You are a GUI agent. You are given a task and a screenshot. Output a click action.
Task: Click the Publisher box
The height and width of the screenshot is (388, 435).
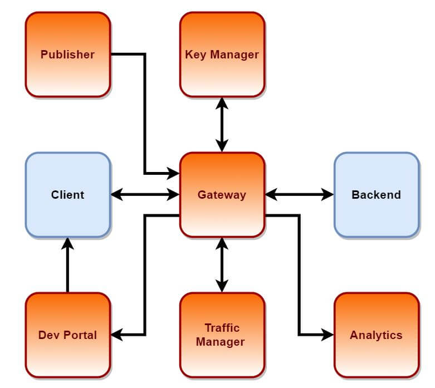[x=67, y=55]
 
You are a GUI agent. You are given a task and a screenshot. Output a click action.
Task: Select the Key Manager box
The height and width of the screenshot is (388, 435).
[x=222, y=55]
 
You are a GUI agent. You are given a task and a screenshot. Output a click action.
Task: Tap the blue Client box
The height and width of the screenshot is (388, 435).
[x=67, y=195]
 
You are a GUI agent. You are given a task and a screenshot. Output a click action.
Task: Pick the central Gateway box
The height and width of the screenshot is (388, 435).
[x=222, y=195]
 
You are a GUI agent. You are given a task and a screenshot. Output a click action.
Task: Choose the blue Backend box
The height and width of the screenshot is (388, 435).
[x=376, y=195]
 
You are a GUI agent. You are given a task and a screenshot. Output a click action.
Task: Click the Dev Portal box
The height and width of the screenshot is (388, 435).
[x=67, y=335]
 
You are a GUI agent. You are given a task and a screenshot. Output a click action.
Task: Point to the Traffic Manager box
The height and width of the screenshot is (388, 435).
[x=222, y=335]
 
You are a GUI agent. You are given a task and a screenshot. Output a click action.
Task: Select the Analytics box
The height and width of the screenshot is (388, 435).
[x=376, y=335]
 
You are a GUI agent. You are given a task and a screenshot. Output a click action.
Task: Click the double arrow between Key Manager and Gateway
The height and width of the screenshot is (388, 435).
[x=222, y=125]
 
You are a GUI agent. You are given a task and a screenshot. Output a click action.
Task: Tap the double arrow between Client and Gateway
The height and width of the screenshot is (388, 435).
[x=145, y=195]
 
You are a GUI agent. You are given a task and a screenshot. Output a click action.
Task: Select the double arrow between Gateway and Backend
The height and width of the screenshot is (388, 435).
[x=299, y=195]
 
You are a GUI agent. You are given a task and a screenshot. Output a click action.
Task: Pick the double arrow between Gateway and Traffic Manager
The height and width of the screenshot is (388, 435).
[x=222, y=265]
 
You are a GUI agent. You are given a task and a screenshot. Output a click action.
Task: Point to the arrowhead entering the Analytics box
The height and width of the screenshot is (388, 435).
[x=328, y=335]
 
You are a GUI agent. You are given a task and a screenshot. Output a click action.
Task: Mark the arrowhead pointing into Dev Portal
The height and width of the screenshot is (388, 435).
[x=116, y=335]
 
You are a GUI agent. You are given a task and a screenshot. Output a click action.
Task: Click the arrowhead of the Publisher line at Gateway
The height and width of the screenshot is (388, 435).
[x=173, y=174]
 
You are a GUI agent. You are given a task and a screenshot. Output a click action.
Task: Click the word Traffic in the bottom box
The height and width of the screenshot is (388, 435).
[x=222, y=327]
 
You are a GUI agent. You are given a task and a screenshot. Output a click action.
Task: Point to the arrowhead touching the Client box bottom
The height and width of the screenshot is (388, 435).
[x=67, y=243]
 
